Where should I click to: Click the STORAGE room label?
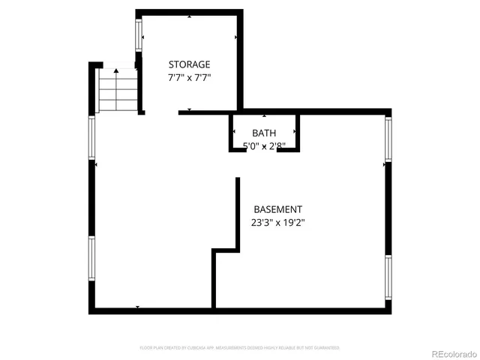coord(189,64)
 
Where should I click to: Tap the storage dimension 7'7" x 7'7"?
coord(189,77)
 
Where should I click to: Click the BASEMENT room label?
coord(277,209)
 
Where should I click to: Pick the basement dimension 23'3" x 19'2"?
coord(277,222)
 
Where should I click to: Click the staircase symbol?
coord(118,90)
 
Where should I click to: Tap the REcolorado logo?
coord(446,352)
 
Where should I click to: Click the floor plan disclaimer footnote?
coord(240,348)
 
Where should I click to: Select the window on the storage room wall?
coord(138,34)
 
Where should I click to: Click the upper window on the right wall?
coord(388,139)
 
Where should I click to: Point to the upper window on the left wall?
coord(92,139)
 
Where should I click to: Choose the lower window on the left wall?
coord(92,259)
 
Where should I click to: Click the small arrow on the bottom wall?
coord(137,307)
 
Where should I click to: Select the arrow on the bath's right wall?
coord(295,133)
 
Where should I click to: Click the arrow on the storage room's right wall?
coord(237,37)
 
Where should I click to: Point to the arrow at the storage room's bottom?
coord(189,110)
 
